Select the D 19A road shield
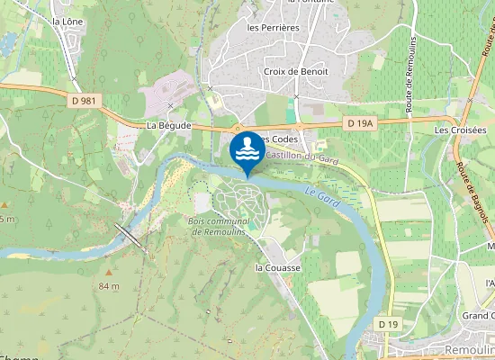coord(358,121)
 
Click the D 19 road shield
coord(388,323)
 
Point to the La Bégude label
coord(168,126)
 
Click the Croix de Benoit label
coord(296,71)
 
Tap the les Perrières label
coord(273,27)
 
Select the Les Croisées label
coord(460,130)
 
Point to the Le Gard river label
coord(321,198)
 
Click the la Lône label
coord(67,21)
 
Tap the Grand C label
coord(478,315)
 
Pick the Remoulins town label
coord(469,349)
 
